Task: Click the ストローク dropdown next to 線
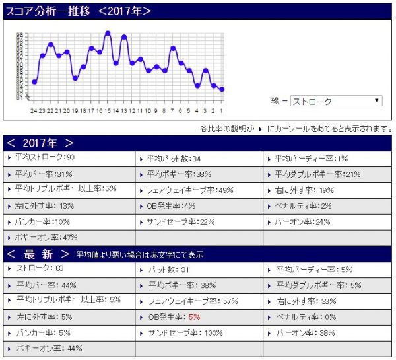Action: pyautogui.click(x=336, y=101)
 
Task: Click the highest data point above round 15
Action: pyautogui.click(x=107, y=32)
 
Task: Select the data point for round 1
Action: pyautogui.click(x=222, y=89)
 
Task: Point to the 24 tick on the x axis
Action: pyautogui.click(x=34, y=110)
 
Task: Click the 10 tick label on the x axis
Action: pyautogui.click(x=148, y=110)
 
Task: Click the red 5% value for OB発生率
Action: pyautogui.click(x=193, y=317)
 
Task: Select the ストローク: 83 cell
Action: pyautogui.click(x=40, y=269)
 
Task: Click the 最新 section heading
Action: pyautogui.click(x=38, y=254)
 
